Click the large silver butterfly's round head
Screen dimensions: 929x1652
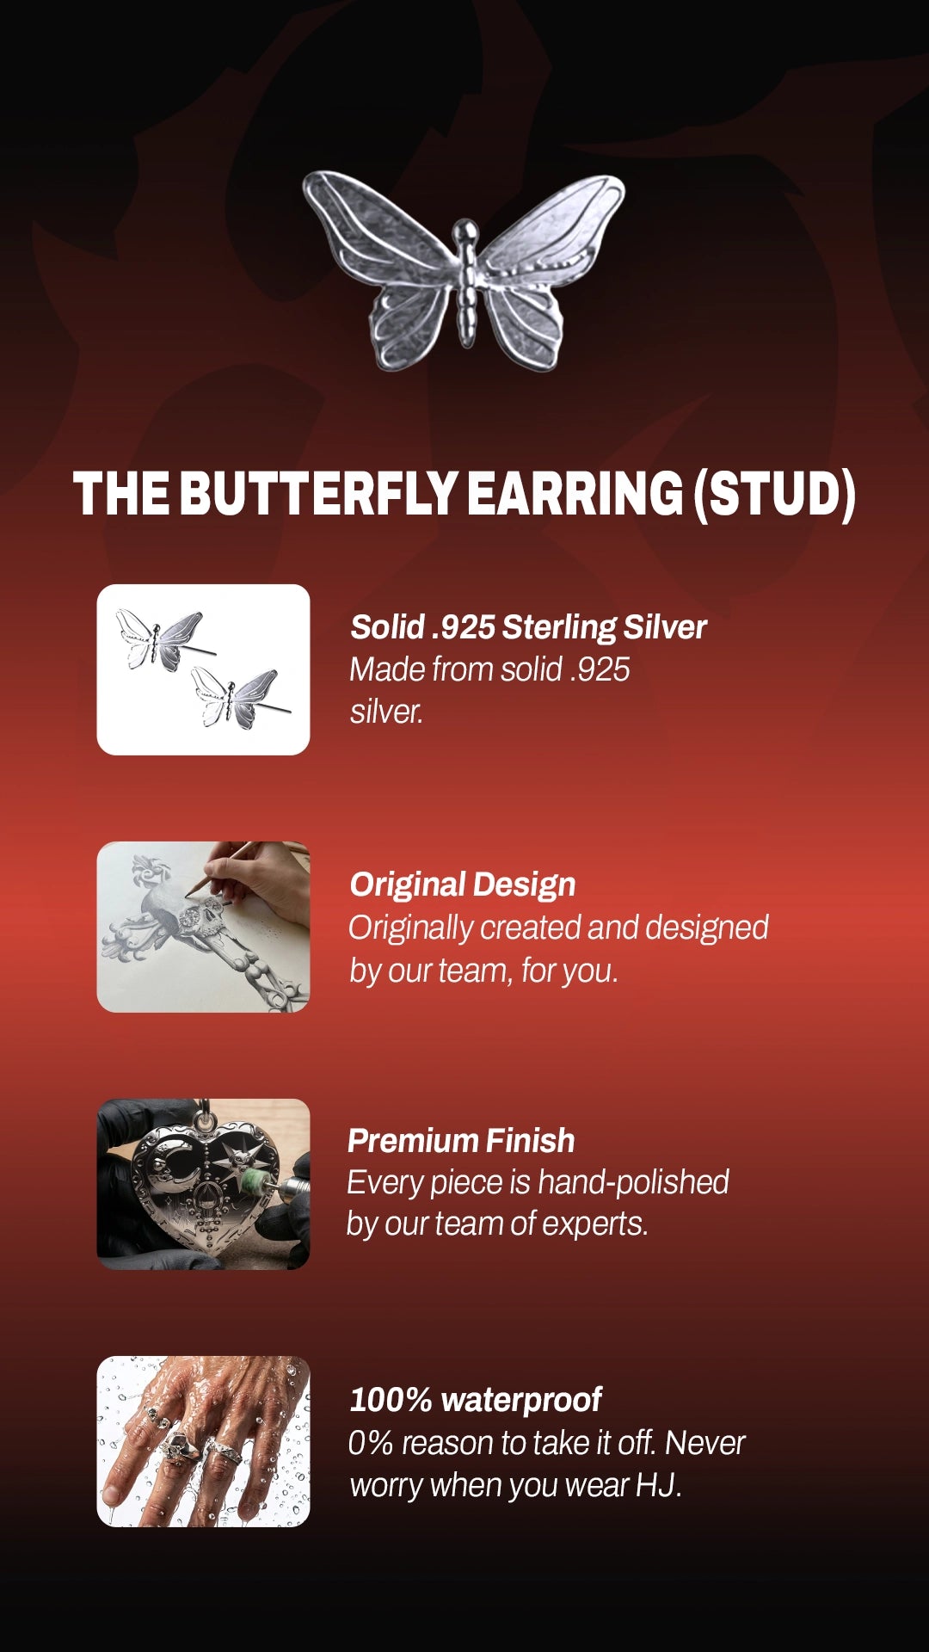coord(465,231)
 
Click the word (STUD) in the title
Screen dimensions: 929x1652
coord(774,495)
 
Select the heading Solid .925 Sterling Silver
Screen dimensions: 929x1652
coord(528,627)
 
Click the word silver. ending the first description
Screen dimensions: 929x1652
coord(387,712)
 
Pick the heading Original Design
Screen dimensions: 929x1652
coord(463,885)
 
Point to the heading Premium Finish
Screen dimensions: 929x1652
coord(461,1141)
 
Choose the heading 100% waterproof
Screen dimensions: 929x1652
coord(476,1400)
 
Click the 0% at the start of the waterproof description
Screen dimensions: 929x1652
coord(371,1443)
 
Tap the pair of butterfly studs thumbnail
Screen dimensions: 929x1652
coord(203,669)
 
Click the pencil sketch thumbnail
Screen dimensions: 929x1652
coord(203,927)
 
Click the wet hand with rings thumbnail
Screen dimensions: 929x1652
coord(203,1441)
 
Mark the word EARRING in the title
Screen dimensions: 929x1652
coord(575,494)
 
